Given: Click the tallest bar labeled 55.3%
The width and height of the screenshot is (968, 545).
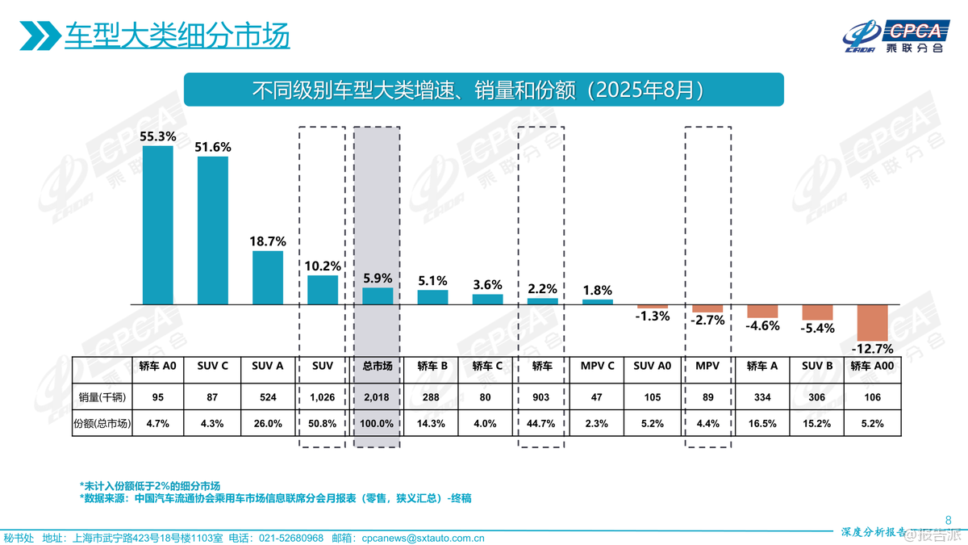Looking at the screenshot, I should point(158,224).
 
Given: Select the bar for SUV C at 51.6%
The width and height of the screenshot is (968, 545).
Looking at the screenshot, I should point(213,230).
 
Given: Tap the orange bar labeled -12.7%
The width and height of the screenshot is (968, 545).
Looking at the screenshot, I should point(872,322).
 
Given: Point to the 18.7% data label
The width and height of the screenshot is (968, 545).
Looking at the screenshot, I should point(268,241).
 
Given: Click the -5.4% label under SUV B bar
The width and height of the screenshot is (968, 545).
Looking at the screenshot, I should point(817,329).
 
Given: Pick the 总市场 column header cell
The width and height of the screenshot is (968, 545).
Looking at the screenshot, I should point(377,366).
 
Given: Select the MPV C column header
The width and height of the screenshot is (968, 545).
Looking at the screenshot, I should point(597,366).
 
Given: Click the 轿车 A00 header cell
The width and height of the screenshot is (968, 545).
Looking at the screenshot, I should point(872,366).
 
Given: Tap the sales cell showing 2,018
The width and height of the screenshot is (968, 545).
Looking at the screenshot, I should point(377,396).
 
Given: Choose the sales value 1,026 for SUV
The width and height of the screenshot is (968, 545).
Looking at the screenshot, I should point(322,396).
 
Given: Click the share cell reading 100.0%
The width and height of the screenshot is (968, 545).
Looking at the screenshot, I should point(377,423).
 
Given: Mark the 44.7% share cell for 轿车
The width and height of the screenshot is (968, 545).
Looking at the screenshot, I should point(542,423).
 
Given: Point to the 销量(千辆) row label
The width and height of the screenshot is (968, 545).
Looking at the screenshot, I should point(102,396).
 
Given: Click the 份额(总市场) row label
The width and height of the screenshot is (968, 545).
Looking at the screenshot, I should point(102,423).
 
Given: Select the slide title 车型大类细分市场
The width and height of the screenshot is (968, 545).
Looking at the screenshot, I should point(177,36).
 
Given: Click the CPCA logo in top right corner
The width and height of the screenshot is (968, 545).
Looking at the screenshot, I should point(895,37).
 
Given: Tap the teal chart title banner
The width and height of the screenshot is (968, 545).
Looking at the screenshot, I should point(484,90).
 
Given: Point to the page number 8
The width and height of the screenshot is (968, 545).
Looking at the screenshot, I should point(948,519).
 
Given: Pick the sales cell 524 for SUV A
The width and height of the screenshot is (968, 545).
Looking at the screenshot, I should point(268,396).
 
